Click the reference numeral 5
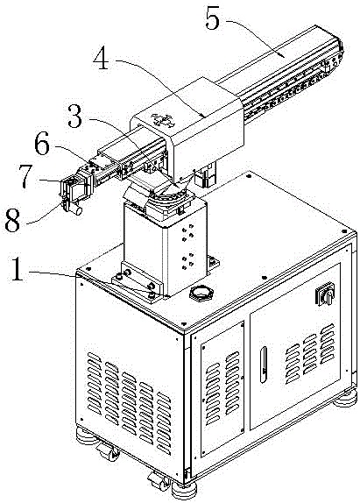pos(213,18)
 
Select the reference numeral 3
pos(75,117)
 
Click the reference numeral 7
pos(25,176)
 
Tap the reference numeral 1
pos(18,270)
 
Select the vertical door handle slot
pos(263,365)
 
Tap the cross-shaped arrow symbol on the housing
pos(162,120)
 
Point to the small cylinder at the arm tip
pos(77,210)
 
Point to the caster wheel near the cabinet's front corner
pos(159,481)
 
